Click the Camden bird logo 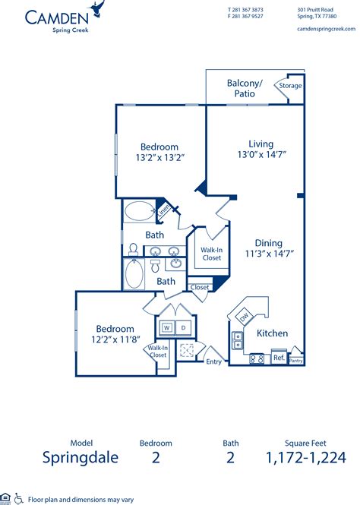coord(96,10)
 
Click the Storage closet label coord(290,86)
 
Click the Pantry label coord(296,361)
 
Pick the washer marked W coord(166,328)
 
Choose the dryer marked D coord(183,328)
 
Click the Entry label coord(215,361)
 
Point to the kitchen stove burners coord(257,358)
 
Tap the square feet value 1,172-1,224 coord(306,457)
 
